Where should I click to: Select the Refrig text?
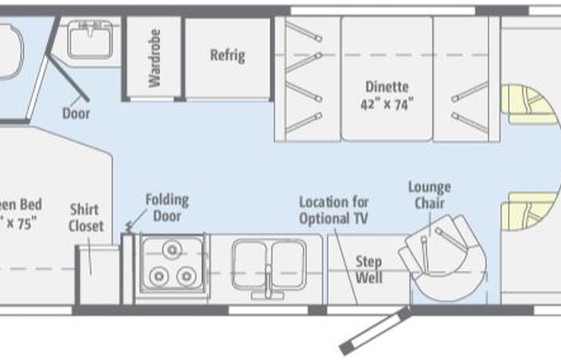tap(228, 55)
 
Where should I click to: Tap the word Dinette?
tap(387, 88)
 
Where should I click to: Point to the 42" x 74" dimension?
tap(387, 105)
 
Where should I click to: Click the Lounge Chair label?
tap(429, 196)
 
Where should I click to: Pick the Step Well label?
tap(368, 269)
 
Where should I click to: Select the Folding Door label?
tap(167, 208)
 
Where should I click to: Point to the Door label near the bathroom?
tap(76, 114)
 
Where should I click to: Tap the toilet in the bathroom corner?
tap(9, 51)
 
